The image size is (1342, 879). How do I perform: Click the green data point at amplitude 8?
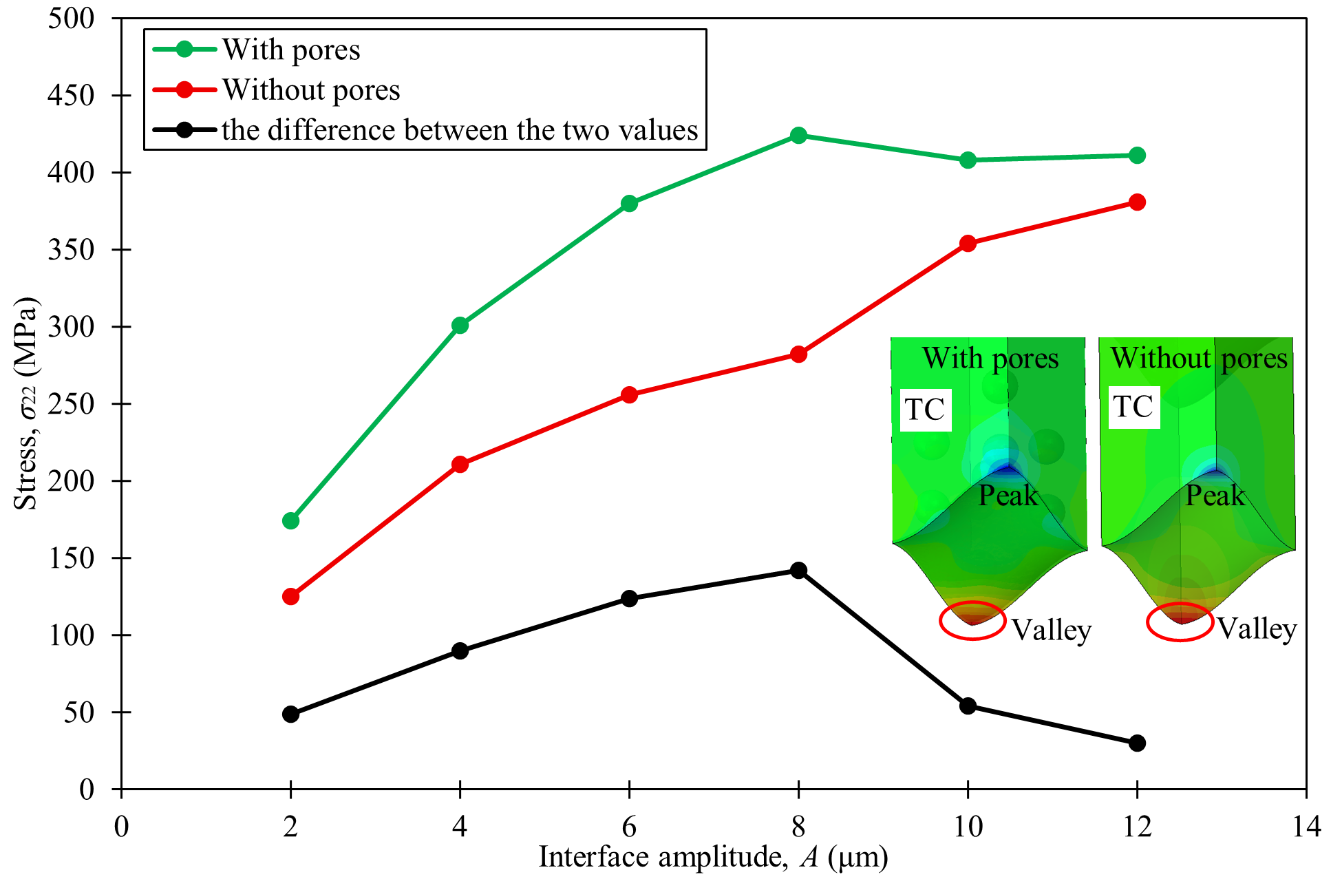point(798,136)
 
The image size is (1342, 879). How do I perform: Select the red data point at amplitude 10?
point(968,244)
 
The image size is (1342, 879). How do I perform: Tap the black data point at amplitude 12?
point(1137,743)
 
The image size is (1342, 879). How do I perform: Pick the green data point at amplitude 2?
point(290,521)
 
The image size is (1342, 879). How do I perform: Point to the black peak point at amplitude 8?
point(798,571)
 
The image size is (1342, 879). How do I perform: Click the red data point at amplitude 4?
point(460,465)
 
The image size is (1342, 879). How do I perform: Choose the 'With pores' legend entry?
point(290,50)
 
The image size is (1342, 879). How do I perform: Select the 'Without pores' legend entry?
point(310,90)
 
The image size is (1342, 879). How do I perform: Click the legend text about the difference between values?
point(459,130)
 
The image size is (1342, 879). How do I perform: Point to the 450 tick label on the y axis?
point(71,95)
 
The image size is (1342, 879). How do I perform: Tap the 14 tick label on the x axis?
point(1306,826)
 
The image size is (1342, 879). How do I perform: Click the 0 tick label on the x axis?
point(121,826)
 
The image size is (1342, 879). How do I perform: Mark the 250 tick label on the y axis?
point(71,403)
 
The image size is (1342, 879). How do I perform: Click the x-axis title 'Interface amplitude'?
point(713,858)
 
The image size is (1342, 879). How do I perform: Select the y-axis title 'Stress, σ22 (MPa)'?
point(26,403)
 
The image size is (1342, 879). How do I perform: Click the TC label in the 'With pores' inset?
point(924,410)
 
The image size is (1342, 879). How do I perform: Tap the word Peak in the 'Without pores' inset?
point(1215,496)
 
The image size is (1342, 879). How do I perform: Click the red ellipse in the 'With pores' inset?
point(972,620)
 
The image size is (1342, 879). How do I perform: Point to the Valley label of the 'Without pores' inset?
point(1257,629)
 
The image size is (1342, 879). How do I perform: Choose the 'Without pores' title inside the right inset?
point(1199,359)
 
